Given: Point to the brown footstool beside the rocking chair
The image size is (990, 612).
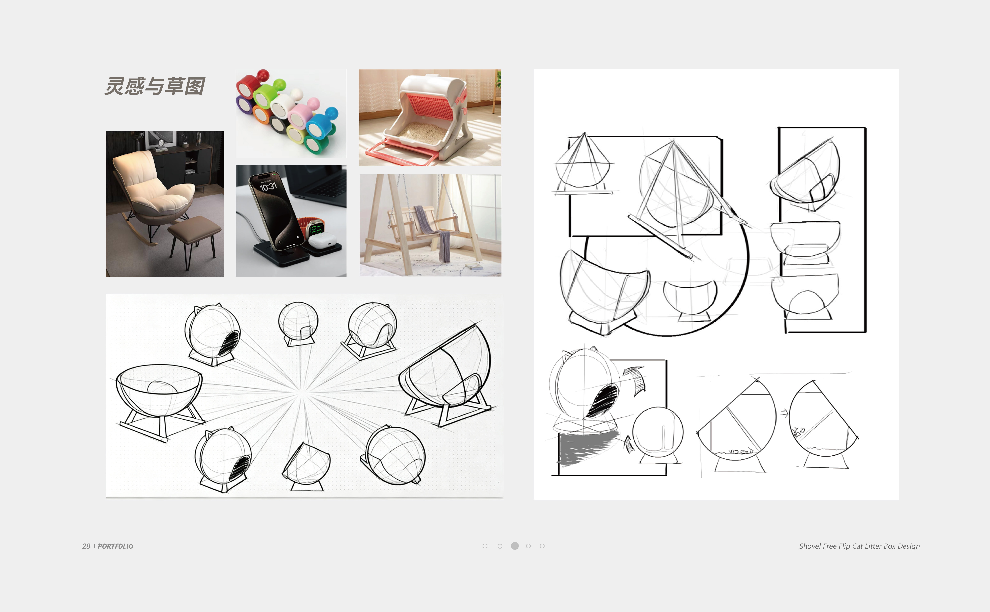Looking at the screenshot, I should (195, 229).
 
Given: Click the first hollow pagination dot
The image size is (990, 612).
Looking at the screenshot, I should (485, 546).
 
